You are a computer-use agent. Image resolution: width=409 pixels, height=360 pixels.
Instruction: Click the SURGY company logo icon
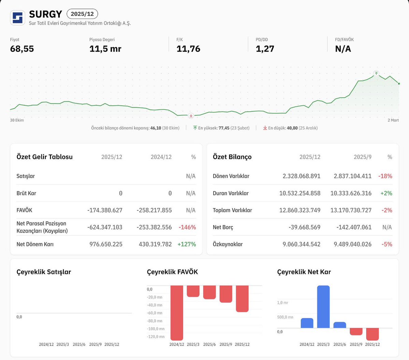17,17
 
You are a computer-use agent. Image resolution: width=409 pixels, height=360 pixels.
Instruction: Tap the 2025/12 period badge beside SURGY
82,14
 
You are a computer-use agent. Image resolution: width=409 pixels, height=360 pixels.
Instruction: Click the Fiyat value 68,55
22,49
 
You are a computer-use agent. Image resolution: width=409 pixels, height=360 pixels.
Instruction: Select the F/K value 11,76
188,49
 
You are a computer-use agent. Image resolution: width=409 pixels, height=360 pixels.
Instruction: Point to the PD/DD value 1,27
265,49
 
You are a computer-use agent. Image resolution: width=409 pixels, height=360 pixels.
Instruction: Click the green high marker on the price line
376,73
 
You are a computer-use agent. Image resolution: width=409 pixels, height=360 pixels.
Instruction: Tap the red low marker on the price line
191,116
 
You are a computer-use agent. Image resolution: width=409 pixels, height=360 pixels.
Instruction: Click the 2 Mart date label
393,120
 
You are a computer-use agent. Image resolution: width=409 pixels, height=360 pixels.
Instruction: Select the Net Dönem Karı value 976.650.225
106,244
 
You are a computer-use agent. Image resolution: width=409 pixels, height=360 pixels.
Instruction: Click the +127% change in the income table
187,244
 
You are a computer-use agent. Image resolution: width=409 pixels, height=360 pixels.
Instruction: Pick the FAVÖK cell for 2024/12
154,210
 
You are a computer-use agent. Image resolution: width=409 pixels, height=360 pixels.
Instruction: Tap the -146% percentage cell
187,227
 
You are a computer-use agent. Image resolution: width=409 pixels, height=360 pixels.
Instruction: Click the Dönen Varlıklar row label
231,176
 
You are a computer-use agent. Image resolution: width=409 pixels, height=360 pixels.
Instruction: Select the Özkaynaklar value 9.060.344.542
301,244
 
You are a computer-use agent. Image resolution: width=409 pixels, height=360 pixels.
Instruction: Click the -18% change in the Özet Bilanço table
385,176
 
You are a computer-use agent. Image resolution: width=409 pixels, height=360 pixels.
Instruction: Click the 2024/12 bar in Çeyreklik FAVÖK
177,312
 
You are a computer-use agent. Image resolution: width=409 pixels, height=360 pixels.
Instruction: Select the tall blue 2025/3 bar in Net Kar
323,306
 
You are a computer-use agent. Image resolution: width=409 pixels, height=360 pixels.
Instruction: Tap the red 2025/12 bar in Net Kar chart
373,334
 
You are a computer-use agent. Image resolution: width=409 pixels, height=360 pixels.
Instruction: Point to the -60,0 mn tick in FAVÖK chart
155,313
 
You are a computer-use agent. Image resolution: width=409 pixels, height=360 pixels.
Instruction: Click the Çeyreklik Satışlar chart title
44,272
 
